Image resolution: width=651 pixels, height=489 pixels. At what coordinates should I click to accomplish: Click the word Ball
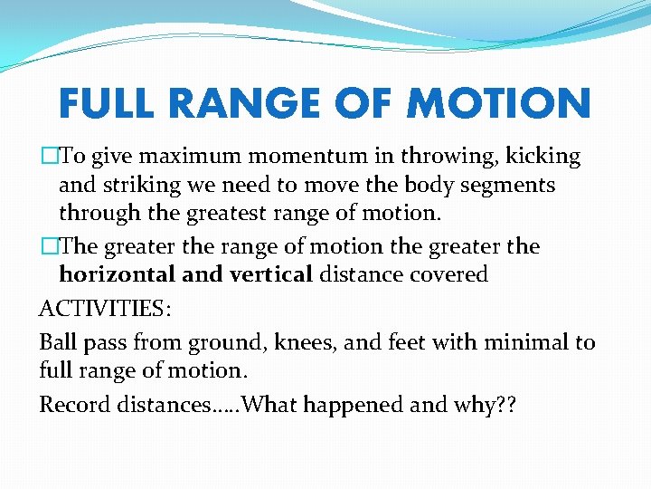(x=57, y=342)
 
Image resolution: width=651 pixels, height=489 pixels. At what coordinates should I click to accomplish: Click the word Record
(x=74, y=404)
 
